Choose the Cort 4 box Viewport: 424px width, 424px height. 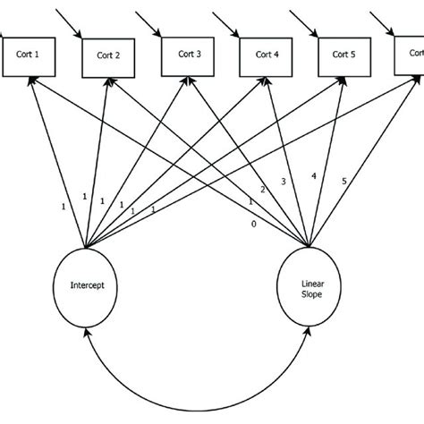pos(266,55)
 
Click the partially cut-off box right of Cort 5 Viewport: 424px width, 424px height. pos(411,55)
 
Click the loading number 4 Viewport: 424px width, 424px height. pos(313,176)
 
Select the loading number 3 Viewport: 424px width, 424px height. pos(284,182)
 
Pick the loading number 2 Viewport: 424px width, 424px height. pos(262,191)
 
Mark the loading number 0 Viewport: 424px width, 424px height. pos(253,225)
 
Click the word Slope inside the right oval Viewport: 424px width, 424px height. pos(309,294)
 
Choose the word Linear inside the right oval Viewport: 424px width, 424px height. pos(309,283)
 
